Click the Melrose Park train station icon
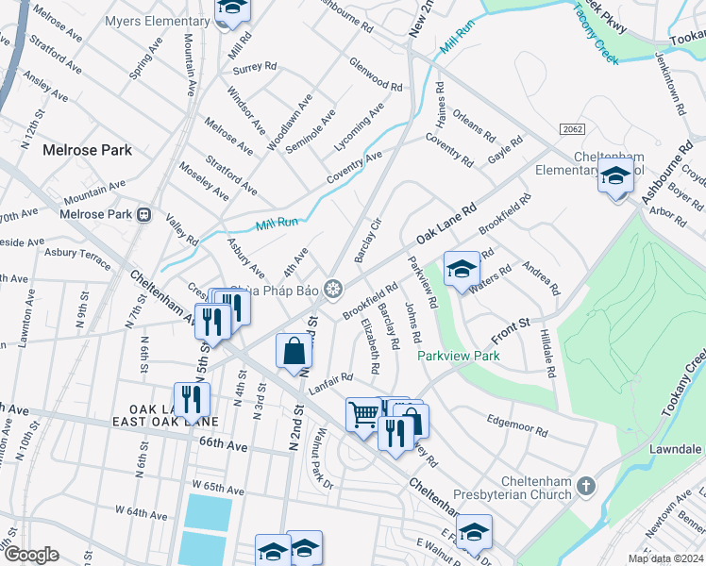pyautogui.click(x=144, y=214)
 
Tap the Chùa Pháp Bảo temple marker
pyautogui.click(x=332, y=289)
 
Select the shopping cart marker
pyautogui.click(x=364, y=413)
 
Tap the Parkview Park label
pyautogui.click(x=459, y=357)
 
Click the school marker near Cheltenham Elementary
pyautogui.click(x=615, y=176)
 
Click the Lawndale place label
pyautogui.click(x=674, y=449)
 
